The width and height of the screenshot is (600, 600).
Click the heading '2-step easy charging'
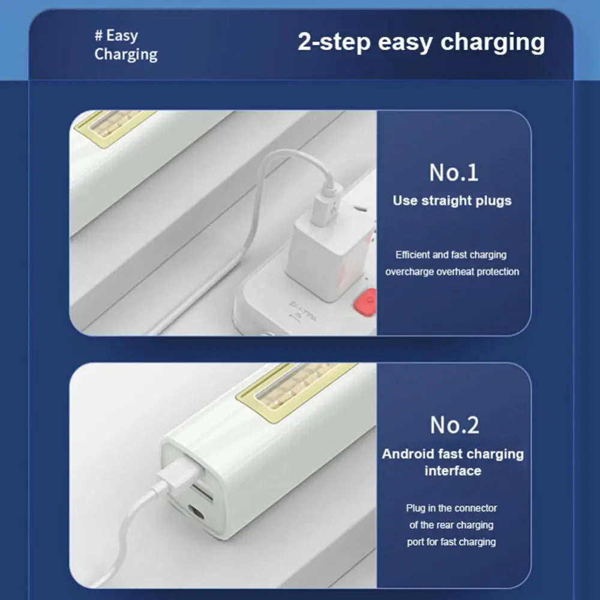point(421,42)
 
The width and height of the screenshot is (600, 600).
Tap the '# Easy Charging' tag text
point(126,45)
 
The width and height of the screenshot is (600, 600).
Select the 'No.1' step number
point(454,173)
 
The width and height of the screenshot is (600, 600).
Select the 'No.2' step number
point(454,425)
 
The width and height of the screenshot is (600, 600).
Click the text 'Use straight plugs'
point(452,200)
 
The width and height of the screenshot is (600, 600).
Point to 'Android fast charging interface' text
point(452,462)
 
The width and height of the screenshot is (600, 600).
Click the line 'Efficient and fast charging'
point(451,255)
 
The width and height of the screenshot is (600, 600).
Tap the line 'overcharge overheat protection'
point(452,272)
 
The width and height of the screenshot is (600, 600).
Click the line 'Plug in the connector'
point(452,508)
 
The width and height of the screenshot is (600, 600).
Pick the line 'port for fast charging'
point(452,542)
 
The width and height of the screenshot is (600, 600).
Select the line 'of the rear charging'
point(452,525)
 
